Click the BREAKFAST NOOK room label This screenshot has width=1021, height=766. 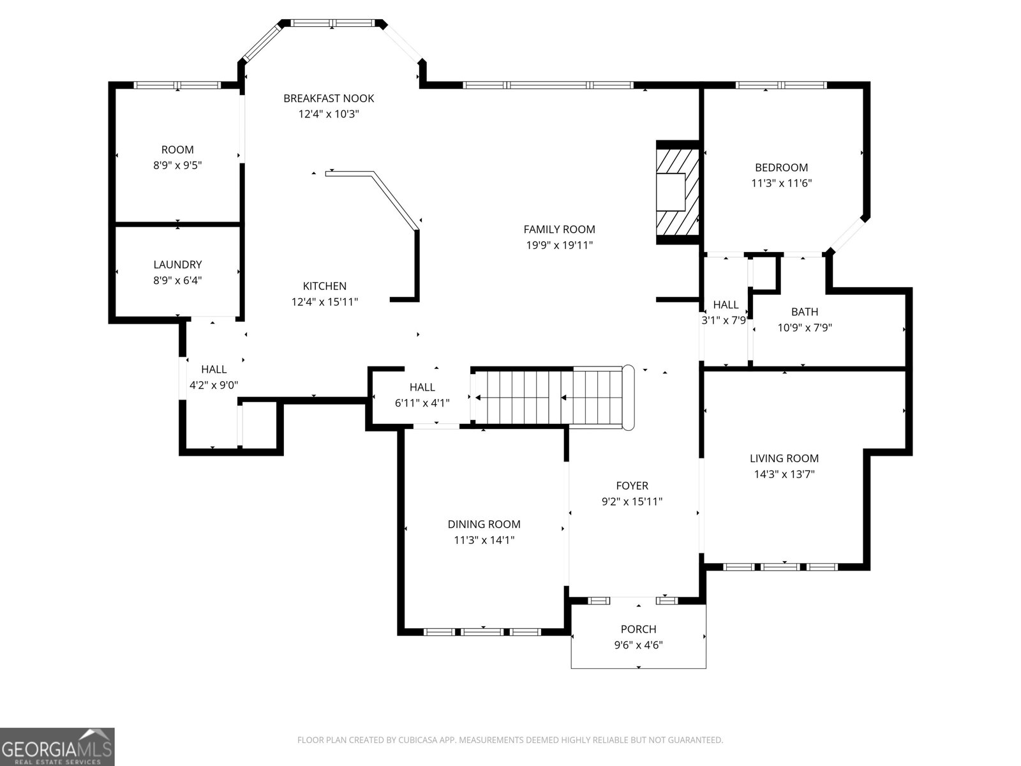(329, 98)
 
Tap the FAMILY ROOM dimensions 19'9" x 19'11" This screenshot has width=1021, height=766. (559, 245)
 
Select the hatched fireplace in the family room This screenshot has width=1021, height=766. (678, 192)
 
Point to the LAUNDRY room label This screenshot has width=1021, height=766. (177, 265)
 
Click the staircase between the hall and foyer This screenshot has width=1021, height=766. (553, 398)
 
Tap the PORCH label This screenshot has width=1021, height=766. (638, 629)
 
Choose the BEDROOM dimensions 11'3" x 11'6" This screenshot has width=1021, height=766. (782, 183)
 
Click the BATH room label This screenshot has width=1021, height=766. (805, 312)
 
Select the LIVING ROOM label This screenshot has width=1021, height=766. (784, 458)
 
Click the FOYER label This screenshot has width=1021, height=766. (632, 486)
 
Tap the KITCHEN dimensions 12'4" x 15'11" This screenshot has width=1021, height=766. (325, 302)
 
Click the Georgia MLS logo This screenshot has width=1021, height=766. (57, 746)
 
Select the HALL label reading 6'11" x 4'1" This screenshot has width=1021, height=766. (422, 387)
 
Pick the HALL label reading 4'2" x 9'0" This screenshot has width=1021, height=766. (214, 370)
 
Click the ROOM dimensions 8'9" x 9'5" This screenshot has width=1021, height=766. (177, 165)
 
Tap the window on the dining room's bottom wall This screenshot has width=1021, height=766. (482, 631)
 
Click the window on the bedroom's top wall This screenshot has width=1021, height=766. (781, 85)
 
